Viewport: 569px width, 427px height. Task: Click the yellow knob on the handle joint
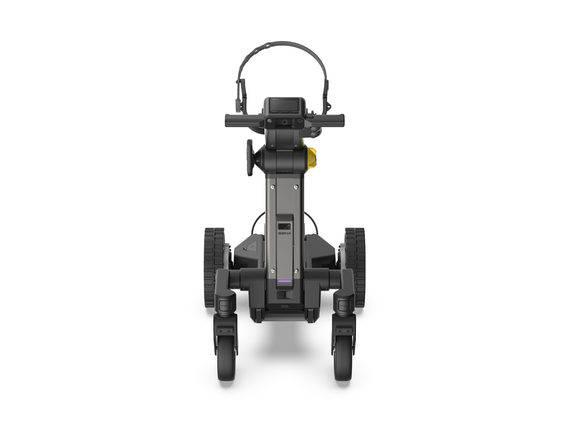(312, 158)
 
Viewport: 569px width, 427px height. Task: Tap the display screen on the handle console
(284, 105)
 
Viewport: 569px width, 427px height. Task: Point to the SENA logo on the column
(284, 233)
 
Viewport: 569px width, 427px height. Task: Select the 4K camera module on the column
(284, 226)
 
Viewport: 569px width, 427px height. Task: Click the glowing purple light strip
(284, 281)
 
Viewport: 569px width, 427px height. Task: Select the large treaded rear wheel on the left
(213, 267)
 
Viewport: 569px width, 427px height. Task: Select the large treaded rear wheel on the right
(356, 267)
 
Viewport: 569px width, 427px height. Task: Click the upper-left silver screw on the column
(273, 187)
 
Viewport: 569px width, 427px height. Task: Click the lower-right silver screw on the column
(296, 270)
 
